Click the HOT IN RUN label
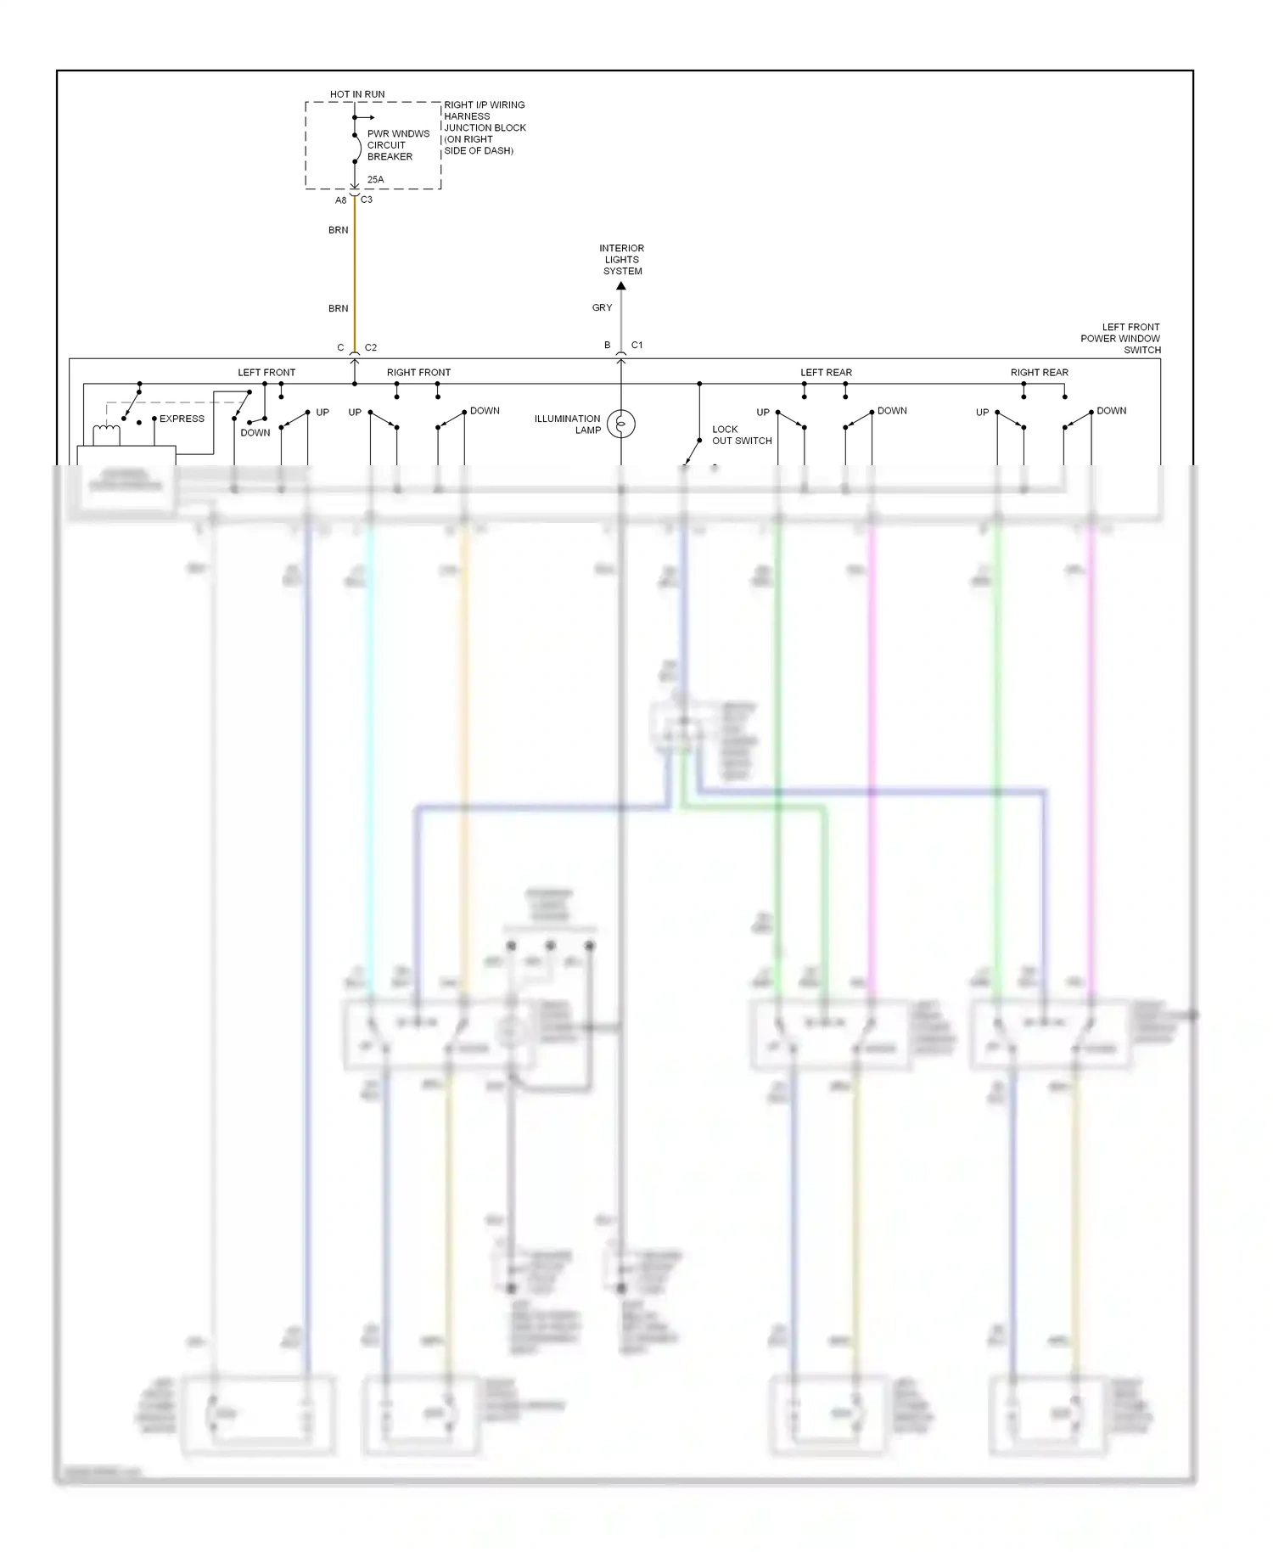coord(356,94)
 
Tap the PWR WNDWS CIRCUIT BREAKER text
coord(397,145)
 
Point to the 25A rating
coord(375,180)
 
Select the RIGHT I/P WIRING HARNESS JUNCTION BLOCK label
coord(484,127)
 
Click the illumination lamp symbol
coord(621,424)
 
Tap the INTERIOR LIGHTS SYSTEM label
coord(622,260)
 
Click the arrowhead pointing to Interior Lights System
coord(621,286)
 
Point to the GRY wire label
coord(602,308)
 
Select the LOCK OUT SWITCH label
coord(741,435)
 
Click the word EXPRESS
coord(182,419)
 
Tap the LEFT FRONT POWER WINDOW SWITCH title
coord(1120,338)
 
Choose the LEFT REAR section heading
coord(826,373)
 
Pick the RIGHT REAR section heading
coord(1039,373)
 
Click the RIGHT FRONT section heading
coord(418,373)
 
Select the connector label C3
coord(367,200)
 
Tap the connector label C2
coord(371,348)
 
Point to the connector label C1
coord(636,346)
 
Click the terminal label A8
coord(340,200)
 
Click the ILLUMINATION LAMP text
coord(567,424)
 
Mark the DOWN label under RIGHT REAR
coord(1111,411)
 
